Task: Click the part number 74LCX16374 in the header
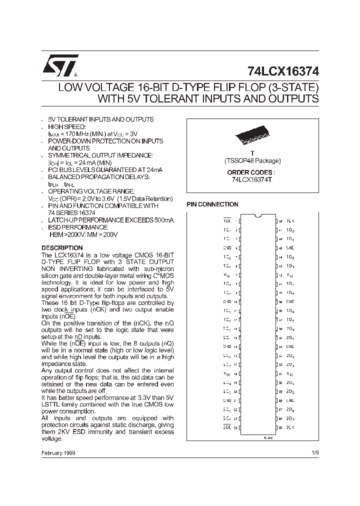[x=283, y=71]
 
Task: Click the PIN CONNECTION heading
[x=212, y=204]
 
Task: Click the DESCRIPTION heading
[x=62, y=248]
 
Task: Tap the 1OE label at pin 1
[x=226, y=220]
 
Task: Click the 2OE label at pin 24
[x=226, y=427]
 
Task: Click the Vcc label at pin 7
[x=227, y=274]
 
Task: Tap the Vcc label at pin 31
[x=290, y=373]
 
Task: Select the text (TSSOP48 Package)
[x=252, y=161]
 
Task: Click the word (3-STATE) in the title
[x=292, y=87]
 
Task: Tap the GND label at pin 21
[x=227, y=400]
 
